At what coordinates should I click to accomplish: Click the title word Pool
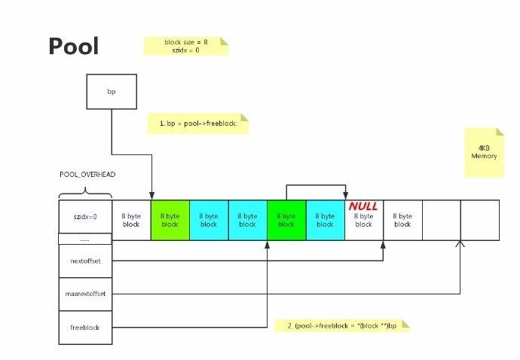tap(73, 46)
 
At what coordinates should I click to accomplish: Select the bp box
tap(112, 91)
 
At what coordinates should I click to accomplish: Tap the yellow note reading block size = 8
tap(185, 46)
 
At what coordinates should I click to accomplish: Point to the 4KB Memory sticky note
tap(484, 151)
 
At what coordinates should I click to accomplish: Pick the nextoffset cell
tap(85, 261)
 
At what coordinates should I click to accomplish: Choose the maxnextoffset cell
tap(85, 294)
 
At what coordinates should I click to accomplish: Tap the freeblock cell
tap(85, 328)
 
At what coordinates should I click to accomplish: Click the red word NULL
tap(363, 206)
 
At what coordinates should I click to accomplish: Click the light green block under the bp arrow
tap(170, 220)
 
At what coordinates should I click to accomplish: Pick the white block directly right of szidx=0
tap(131, 220)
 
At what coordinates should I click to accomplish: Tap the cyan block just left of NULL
tap(325, 220)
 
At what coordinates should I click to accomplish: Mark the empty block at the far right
tap(479, 220)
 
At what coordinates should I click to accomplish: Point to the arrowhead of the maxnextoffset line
tap(460, 243)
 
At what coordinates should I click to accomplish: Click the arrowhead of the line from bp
tap(151, 196)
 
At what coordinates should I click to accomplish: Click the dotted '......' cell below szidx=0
tap(85, 238)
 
